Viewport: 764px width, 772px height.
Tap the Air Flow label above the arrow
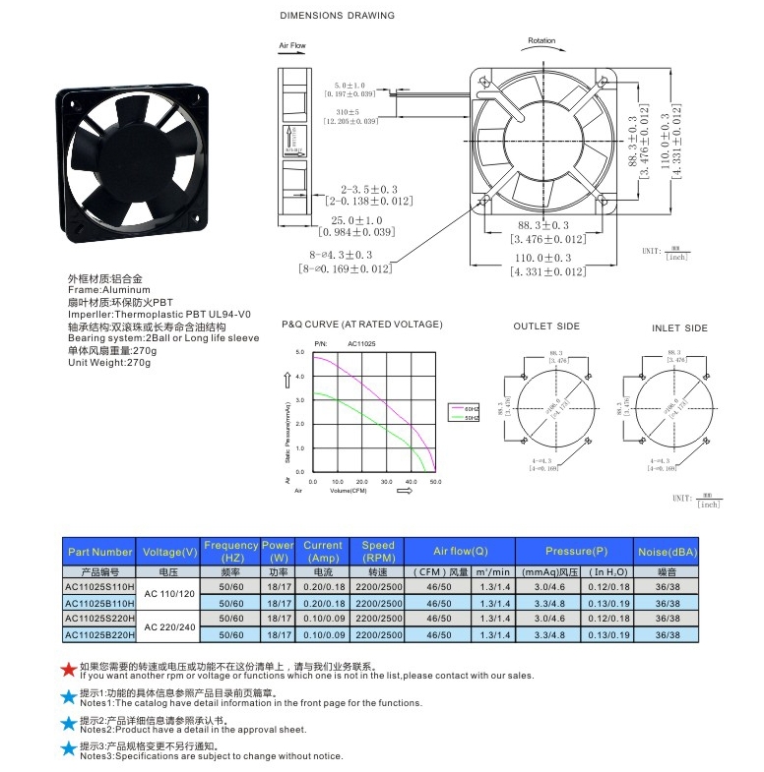click(x=292, y=46)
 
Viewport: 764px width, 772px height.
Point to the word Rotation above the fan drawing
click(x=541, y=41)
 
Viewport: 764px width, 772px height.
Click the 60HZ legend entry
click(x=471, y=407)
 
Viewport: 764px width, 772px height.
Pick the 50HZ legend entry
click(x=471, y=418)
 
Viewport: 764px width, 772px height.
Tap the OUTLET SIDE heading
click(x=546, y=327)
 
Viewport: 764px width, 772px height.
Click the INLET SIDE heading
click(x=679, y=327)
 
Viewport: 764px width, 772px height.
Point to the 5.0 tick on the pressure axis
click(x=300, y=351)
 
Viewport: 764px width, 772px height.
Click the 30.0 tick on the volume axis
click(x=386, y=482)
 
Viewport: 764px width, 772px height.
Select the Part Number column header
click(x=99, y=552)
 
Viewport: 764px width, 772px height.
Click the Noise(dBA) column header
click(x=668, y=552)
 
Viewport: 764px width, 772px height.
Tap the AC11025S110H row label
click(x=99, y=587)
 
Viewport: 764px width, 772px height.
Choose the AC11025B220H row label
click(x=99, y=635)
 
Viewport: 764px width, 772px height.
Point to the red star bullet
click(x=68, y=670)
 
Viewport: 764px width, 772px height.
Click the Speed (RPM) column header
click(x=378, y=552)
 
